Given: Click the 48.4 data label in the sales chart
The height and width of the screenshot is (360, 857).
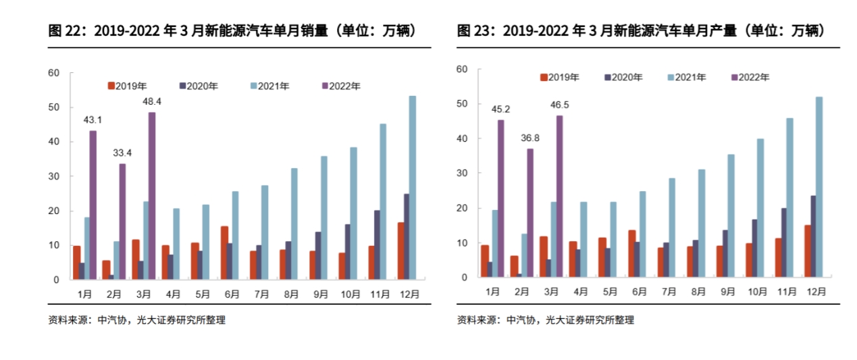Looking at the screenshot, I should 151,101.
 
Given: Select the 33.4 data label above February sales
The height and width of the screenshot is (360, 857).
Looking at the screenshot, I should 122,153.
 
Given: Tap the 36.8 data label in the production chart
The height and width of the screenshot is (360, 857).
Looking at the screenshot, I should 529,138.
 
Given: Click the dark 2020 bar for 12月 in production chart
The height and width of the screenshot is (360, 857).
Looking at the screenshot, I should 813,236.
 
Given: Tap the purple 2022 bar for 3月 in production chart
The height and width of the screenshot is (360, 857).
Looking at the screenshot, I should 560,196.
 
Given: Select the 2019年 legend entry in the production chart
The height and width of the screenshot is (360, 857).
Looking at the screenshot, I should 559,77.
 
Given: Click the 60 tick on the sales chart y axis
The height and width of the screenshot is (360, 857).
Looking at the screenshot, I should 54,73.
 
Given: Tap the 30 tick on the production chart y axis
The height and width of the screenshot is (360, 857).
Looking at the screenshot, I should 462,173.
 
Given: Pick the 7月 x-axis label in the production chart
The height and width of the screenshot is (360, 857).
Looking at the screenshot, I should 669,292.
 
